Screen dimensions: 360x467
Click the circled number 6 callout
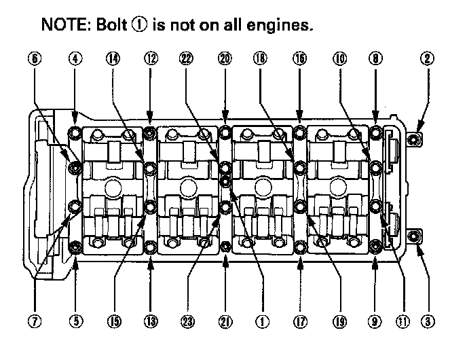(x=35, y=59)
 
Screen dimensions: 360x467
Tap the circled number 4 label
(x=75, y=59)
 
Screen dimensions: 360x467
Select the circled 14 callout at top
(x=113, y=59)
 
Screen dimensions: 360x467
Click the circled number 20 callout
(x=225, y=59)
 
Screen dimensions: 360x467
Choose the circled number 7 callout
(x=35, y=320)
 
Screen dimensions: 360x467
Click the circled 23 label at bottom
(x=187, y=320)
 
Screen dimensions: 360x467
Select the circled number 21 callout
(x=225, y=320)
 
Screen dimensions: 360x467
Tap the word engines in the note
(x=282, y=26)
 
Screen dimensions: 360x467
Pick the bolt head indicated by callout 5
(x=75, y=245)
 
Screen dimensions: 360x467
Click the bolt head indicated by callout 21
(x=225, y=245)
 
